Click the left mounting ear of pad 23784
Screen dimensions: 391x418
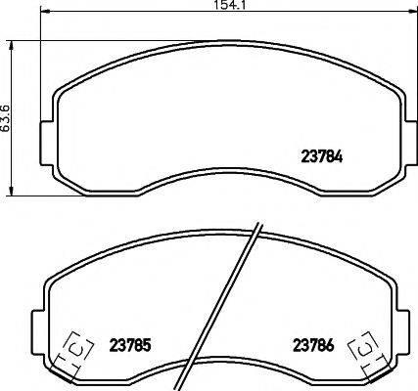click(44, 135)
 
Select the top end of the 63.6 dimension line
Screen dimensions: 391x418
click(11, 40)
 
